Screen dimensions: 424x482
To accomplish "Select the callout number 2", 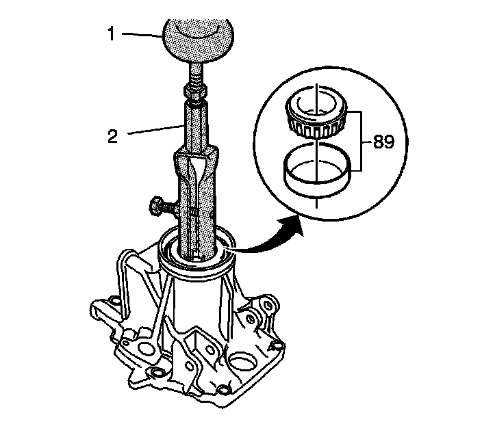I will tap(114, 135).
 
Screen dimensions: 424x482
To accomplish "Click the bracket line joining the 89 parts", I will tap(359, 142).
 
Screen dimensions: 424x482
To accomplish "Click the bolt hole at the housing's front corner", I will tap(157, 373).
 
